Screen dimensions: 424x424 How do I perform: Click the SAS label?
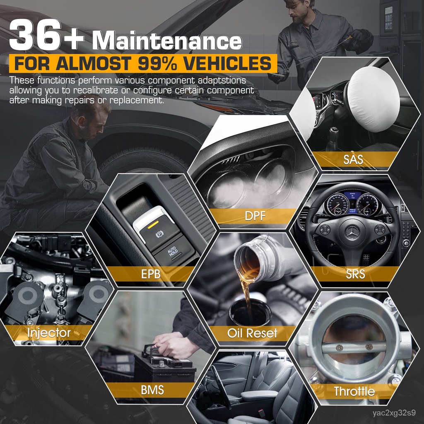pos(353,159)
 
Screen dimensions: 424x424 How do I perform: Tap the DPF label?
pos(254,216)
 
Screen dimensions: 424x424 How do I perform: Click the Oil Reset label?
pos(252,333)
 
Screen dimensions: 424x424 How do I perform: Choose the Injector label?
pos(49,332)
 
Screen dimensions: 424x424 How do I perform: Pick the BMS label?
pos(152,390)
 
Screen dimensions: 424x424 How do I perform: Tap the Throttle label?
pos(354,391)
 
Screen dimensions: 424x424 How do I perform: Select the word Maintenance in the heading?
pos(167,42)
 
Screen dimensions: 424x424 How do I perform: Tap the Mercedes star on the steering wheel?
pos(352,230)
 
